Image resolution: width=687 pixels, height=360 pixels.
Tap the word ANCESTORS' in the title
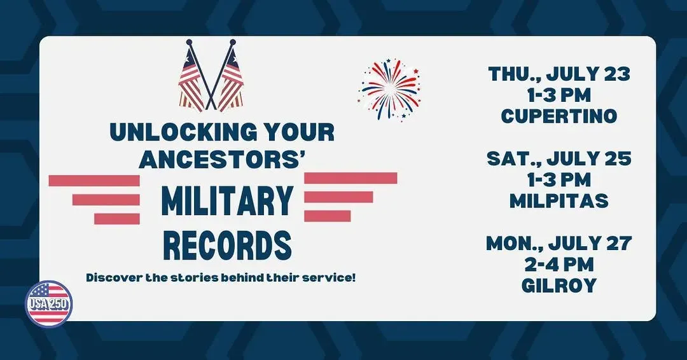[x=222, y=160]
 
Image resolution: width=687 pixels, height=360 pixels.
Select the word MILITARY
[x=227, y=201]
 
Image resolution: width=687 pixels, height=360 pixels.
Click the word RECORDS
[x=227, y=246]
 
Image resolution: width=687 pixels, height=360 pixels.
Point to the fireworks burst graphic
[x=389, y=90]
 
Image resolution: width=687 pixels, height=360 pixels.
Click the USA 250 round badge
[x=49, y=303]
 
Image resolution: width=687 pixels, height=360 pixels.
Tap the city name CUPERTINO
[x=559, y=116]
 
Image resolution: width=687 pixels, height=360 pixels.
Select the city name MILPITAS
[x=559, y=200]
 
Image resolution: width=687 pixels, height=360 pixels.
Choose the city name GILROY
[x=559, y=285]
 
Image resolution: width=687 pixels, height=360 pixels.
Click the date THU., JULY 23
[x=559, y=74]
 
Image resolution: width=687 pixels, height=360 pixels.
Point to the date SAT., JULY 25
[x=559, y=158]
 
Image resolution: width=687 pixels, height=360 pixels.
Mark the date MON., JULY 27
[x=559, y=243]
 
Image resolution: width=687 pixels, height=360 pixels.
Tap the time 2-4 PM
[x=559, y=264]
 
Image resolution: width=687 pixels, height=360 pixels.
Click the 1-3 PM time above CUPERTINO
[x=559, y=95]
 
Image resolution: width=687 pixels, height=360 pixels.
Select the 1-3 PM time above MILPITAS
[x=559, y=179]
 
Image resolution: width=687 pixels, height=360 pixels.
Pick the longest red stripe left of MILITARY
[x=94, y=181]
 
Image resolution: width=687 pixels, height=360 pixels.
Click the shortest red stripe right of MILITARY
[x=328, y=216]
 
